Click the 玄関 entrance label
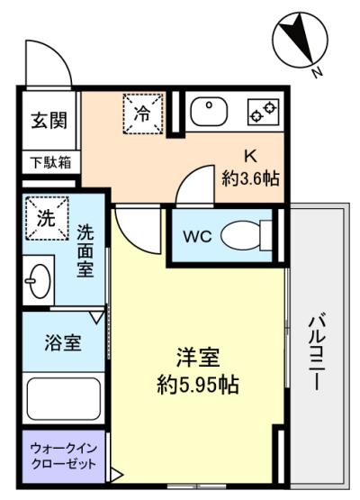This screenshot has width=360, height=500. (49, 121)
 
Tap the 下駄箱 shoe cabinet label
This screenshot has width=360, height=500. (51, 163)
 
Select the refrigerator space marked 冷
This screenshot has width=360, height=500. (143, 114)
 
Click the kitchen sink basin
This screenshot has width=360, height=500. (209, 112)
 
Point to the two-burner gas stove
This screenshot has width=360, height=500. (263, 112)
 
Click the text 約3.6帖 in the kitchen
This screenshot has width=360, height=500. (251, 178)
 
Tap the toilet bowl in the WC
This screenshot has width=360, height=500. (246, 236)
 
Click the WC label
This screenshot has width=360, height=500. (197, 237)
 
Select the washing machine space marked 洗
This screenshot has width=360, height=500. (47, 218)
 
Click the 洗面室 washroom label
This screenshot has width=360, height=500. (85, 251)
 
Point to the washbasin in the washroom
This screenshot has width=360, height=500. (39, 280)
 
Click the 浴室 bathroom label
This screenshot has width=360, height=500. (62, 342)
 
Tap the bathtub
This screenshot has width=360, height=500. (64, 398)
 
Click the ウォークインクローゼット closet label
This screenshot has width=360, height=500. (63, 456)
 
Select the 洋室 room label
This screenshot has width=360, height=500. (198, 358)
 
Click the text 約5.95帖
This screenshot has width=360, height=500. (198, 386)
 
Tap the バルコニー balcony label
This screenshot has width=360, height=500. (317, 352)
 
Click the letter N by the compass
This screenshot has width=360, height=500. (317, 74)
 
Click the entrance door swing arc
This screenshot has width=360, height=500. (57, 54)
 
